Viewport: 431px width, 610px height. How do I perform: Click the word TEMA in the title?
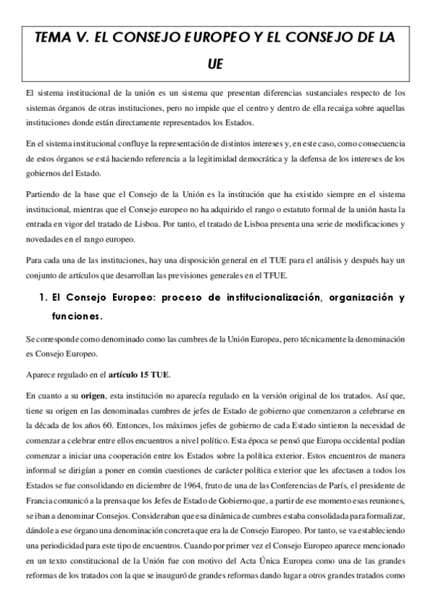pos(55,39)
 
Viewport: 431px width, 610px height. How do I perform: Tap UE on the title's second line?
pos(215,65)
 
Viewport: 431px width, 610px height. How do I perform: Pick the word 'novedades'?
pos(45,238)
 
